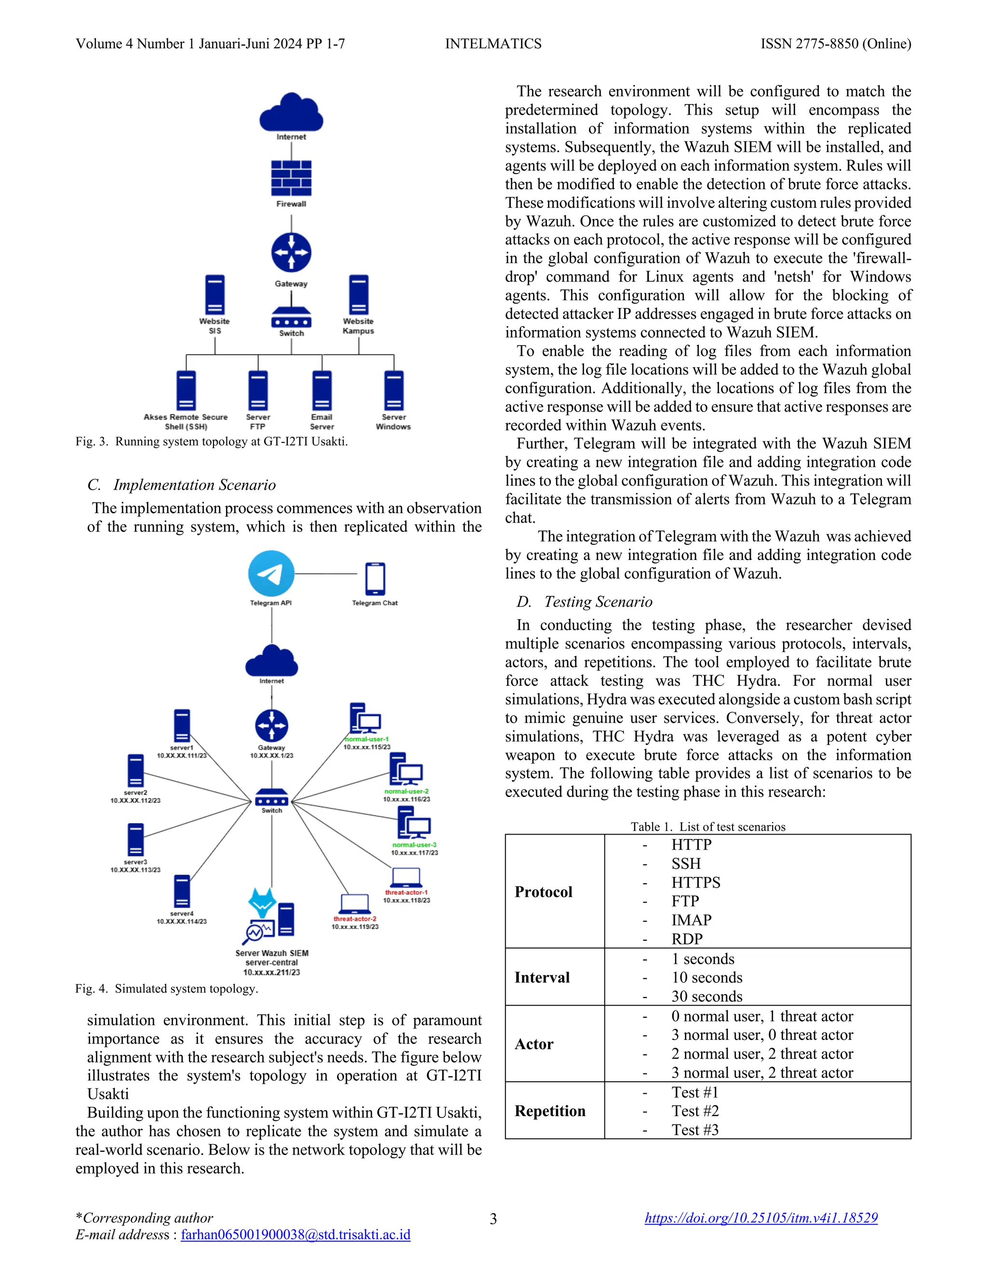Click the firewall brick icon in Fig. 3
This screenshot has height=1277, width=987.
[291, 178]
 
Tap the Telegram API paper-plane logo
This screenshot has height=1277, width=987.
[271, 573]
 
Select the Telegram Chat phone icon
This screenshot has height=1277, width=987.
[375, 578]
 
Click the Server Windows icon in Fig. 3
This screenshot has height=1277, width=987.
[394, 391]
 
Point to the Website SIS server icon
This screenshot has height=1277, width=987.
[214, 295]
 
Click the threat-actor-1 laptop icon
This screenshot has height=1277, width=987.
[406, 878]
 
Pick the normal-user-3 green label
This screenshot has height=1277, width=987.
[414, 845]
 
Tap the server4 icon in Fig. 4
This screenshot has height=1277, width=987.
[182, 891]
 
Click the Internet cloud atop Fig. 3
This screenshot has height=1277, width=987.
[291, 112]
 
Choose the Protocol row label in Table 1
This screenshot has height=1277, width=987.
[543, 891]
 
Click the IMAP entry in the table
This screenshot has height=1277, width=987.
[691, 920]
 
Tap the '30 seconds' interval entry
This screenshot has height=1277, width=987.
[707, 997]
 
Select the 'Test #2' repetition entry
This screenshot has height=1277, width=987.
[694, 1111]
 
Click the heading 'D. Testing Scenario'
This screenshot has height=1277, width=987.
[584, 602]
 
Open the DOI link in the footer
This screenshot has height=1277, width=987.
[760, 1218]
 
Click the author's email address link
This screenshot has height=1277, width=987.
[295, 1234]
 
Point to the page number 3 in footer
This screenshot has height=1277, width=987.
[493, 1219]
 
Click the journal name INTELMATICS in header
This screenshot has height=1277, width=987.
[493, 44]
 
